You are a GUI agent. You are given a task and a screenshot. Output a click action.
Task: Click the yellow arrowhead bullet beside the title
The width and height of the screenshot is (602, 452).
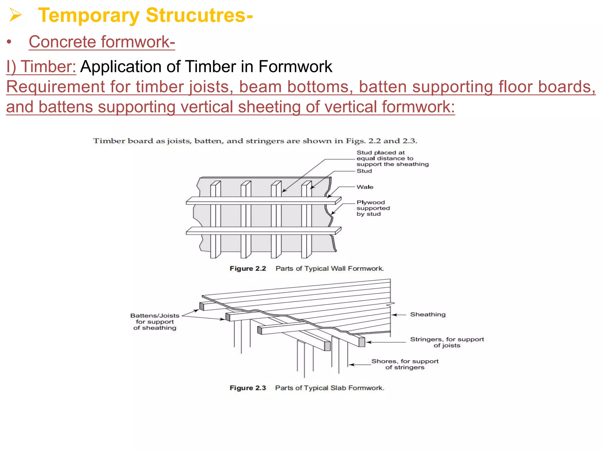coord(15,15)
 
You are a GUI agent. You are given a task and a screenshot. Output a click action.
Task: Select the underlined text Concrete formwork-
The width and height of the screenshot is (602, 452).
coord(102,42)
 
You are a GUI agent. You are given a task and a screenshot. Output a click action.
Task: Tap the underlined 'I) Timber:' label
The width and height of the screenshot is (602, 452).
coord(41,67)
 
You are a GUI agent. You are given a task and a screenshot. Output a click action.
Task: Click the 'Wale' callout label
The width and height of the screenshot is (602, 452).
coord(365,187)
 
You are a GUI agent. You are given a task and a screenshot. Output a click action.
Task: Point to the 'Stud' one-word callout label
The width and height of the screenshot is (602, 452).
coord(364,171)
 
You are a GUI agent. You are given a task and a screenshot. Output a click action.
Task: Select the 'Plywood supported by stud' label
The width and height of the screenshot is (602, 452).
coord(373,208)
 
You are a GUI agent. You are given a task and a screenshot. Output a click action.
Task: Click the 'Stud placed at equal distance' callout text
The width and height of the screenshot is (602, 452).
coord(392,158)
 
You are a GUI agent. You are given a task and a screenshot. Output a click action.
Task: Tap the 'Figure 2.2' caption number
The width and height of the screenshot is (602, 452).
coord(248,268)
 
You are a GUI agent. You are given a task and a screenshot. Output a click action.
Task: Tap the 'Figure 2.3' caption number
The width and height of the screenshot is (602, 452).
coord(248,388)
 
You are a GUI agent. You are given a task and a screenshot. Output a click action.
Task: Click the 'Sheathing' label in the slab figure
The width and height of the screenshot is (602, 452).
coord(428,314)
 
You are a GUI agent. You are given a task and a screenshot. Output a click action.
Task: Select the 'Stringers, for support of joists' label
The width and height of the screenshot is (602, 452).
coord(447,342)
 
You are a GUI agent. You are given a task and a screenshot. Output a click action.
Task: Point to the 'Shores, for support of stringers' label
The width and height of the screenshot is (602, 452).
coord(405,364)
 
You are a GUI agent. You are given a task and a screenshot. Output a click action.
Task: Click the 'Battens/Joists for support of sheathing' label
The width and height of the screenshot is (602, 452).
coord(155,322)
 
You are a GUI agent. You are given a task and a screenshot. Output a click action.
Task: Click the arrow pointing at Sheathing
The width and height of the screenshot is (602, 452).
coord(399,315)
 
